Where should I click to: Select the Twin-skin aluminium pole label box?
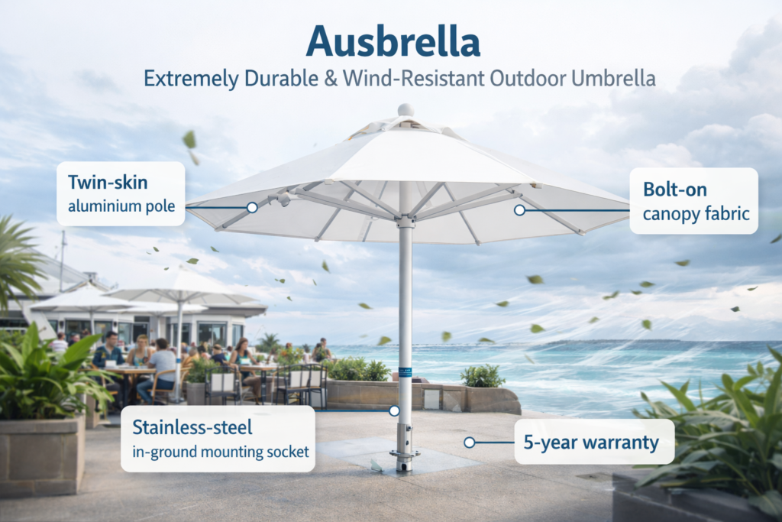[x=121, y=193]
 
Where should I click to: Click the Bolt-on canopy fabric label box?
[x=693, y=200]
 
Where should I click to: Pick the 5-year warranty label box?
[x=593, y=442]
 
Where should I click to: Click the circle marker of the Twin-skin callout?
[x=251, y=207]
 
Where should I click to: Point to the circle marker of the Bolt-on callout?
[x=519, y=209]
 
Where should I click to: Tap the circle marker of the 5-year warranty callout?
[x=469, y=442]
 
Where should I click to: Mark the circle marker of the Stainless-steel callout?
[x=394, y=411]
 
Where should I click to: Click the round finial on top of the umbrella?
[x=406, y=110]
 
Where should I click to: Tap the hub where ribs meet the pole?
[x=406, y=221]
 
